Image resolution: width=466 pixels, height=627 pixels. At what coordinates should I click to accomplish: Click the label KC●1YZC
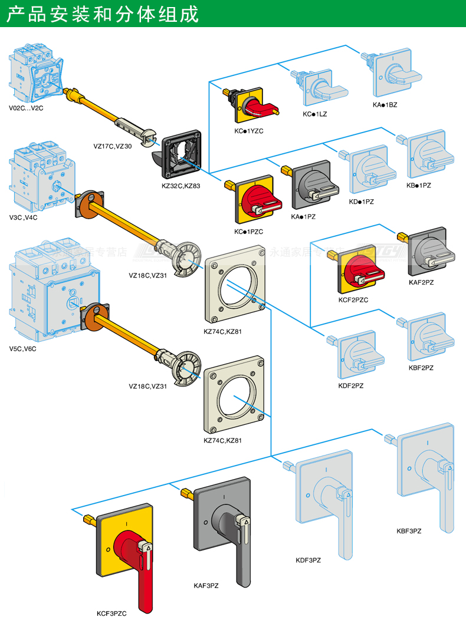pyautogui.click(x=248, y=130)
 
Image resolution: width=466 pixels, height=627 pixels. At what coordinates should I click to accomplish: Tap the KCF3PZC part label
pyautogui.click(x=111, y=613)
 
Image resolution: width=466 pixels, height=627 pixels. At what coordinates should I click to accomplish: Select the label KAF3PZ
pyautogui.click(x=206, y=585)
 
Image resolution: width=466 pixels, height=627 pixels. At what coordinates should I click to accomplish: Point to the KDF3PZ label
pyautogui.click(x=309, y=560)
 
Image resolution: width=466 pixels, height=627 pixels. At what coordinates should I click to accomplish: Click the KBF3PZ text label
pyautogui.click(x=409, y=531)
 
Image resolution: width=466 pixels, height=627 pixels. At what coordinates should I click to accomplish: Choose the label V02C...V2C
pyautogui.click(x=27, y=108)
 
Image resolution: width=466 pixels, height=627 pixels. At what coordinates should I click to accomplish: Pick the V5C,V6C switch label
pyautogui.click(x=23, y=348)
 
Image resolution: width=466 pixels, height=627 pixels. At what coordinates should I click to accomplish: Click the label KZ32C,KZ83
pyautogui.click(x=181, y=186)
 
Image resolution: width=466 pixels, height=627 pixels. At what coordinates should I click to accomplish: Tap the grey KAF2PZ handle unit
pyautogui.click(x=429, y=252)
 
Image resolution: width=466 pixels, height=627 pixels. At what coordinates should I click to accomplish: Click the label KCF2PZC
pyautogui.click(x=353, y=299)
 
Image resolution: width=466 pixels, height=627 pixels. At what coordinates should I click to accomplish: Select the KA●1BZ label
pyautogui.click(x=385, y=104)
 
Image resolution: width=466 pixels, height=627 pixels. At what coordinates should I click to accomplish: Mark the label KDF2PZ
pyautogui.click(x=351, y=385)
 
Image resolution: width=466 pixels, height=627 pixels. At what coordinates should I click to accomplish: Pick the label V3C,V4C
pyautogui.click(x=23, y=217)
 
